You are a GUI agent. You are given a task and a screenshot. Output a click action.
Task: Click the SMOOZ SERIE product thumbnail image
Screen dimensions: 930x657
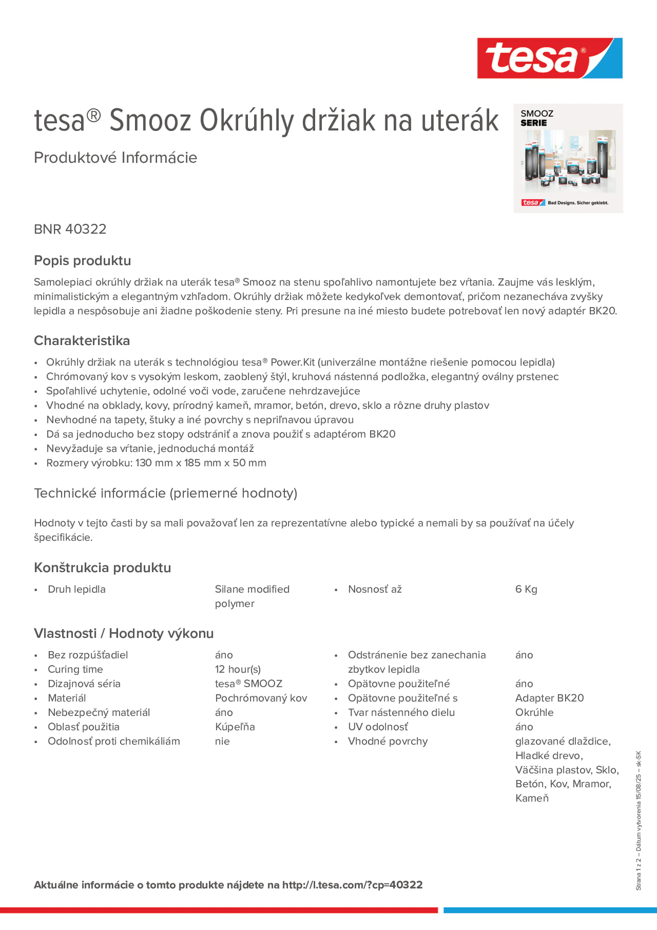click(x=568, y=158)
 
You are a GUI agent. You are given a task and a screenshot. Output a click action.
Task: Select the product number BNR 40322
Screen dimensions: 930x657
click(x=70, y=229)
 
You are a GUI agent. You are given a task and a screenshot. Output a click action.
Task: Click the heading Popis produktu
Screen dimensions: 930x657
click(x=82, y=260)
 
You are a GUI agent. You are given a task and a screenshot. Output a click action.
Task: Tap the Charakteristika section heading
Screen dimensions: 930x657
click(x=82, y=341)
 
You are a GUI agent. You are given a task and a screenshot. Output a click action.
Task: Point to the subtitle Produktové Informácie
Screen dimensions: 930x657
click(x=116, y=158)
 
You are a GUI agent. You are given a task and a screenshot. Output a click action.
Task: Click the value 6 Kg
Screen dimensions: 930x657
click(x=526, y=589)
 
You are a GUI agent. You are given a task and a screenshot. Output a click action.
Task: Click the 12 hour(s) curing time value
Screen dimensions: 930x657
click(x=238, y=669)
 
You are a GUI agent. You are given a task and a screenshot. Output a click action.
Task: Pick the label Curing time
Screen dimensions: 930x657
click(x=75, y=669)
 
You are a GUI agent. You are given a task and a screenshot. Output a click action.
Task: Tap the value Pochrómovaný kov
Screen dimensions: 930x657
click(x=261, y=698)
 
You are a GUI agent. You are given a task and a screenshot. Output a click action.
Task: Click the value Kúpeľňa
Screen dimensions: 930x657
click(x=235, y=727)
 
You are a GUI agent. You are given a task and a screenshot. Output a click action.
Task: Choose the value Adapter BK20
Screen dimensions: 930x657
click(x=549, y=698)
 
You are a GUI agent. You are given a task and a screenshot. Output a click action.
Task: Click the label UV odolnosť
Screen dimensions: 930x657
click(x=377, y=727)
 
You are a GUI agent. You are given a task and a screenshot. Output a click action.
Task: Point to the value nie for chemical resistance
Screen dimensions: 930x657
click(x=222, y=741)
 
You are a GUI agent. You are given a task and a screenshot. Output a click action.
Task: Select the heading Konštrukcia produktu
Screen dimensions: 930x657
click(x=102, y=568)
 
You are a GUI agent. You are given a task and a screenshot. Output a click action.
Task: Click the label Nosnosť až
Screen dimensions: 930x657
click(x=375, y=589)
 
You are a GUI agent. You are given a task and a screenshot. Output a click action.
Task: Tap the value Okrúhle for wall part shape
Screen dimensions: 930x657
click(x=534, y=712)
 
